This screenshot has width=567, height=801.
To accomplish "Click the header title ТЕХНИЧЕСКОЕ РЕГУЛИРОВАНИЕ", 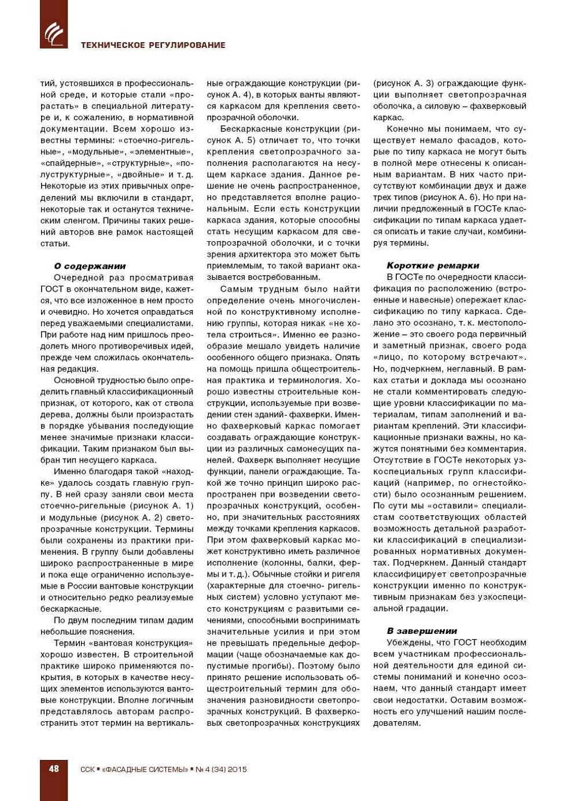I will (153, 45).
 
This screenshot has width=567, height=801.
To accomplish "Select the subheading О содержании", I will (90, 266).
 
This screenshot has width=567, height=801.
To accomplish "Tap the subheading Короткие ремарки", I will (433, 265).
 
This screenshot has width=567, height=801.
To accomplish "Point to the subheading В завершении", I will (422, 631).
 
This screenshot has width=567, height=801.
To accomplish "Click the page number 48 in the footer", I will (54, 769).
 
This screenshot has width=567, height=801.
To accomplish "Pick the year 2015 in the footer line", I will (237, 769).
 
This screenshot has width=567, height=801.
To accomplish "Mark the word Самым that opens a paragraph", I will (237, 289).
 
